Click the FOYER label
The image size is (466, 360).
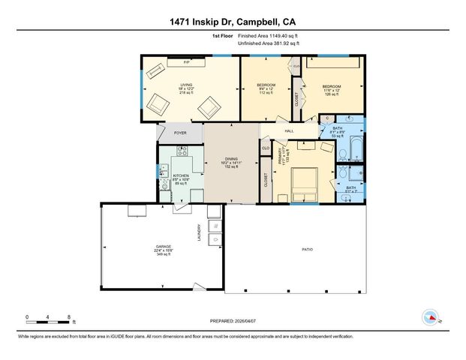180,133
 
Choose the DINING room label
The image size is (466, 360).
230,159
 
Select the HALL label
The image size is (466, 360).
288,131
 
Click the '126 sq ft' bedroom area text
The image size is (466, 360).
332,94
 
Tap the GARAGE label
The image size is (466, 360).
160,246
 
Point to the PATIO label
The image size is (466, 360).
307,248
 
